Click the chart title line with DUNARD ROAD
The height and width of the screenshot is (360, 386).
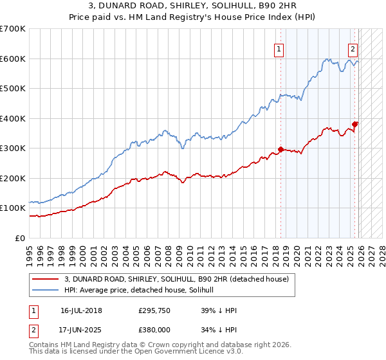point(192,6)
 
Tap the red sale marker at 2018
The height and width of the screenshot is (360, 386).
point(280,150)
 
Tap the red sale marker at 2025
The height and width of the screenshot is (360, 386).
point(355,124)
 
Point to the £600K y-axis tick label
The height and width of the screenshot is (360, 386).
point(12,59)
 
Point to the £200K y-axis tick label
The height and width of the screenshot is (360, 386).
point(12,178)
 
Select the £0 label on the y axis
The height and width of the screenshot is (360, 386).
point(19,238)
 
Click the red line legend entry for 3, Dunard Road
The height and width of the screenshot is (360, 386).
point(179,278)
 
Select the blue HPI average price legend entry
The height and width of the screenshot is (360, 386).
point(142,290)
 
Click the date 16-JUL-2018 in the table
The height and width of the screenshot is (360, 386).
point(81,310)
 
